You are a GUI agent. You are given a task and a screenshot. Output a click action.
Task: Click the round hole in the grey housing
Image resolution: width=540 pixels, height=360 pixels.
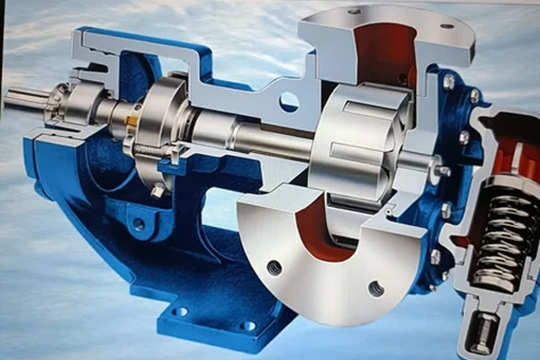tap(288, 102)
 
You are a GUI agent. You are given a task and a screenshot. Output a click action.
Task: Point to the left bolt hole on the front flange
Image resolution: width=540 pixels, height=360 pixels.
tap(274, 267)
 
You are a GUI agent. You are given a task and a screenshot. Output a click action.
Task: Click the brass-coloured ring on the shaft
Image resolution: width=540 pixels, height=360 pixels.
tap(131, 120)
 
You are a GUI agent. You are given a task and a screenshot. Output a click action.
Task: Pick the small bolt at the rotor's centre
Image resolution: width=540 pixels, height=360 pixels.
tap(443, 171)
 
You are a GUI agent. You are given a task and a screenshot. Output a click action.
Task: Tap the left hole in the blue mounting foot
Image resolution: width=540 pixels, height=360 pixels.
tap(180, 311)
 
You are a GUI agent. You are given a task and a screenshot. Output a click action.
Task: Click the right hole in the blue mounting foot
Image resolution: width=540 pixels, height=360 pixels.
tap(247, 326)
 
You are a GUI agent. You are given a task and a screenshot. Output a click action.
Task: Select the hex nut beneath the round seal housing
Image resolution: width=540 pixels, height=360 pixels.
tap(158, 191)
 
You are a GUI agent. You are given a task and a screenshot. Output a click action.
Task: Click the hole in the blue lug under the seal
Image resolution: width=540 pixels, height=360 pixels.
tap(138, 223)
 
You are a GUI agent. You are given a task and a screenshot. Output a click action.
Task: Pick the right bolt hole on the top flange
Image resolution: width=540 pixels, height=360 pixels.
tap(447, 26)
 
